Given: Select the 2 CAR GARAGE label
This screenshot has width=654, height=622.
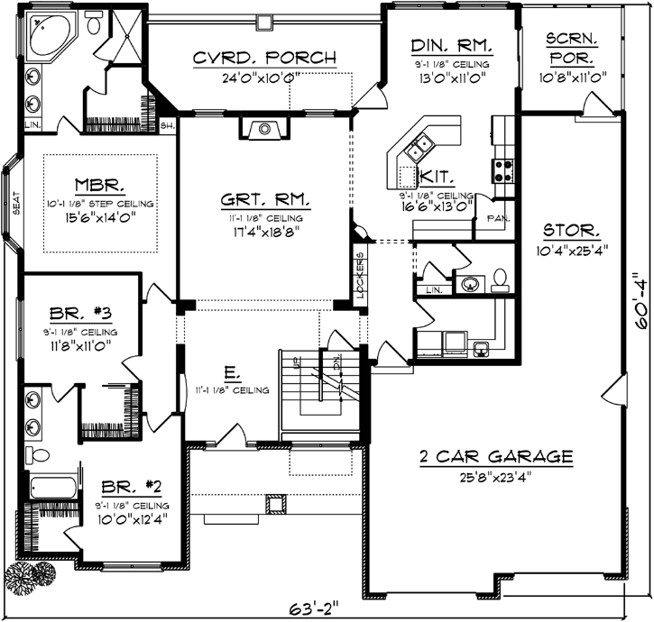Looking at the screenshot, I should tap(496, 457).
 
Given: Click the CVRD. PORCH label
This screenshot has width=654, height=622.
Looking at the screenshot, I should tap(265, 59).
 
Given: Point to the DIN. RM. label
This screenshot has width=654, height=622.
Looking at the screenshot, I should tap(450, 45).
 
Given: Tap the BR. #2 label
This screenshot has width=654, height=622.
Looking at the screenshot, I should tap(133, 488).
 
